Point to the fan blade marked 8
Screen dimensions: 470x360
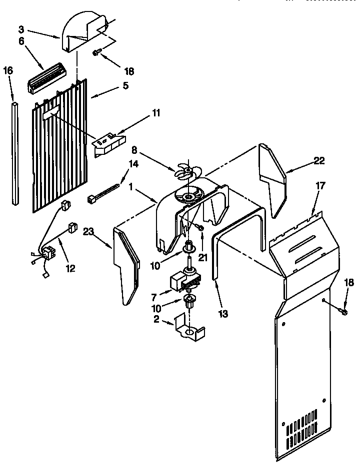[x=184, y=171]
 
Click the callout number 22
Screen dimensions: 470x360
[x=319, y=160]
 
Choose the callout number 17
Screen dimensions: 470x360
[x=320, y=186]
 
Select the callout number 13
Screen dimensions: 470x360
[x=223, y=314]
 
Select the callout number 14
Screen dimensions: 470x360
[x=133, y=163]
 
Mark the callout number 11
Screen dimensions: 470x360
[x=156, y=113]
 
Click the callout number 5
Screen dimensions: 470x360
[x=124, y=85]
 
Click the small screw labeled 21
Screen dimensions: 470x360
[x=200, y=227]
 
